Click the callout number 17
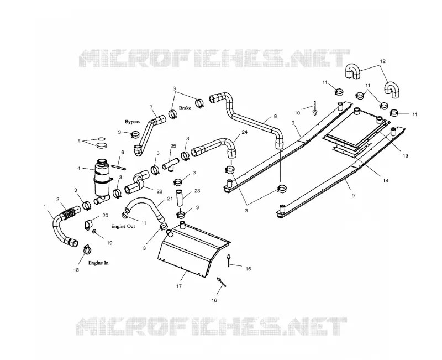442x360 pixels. point(179,286)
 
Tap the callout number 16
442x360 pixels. point(214,300)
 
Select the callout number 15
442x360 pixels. point(248,269)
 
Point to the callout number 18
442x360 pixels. point(76,270)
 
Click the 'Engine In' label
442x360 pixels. point(98,263)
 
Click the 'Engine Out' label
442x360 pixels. point(123,226)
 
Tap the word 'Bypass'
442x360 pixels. point(132,122)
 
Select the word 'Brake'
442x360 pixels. point(185,108)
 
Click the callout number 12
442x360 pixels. point(382,61)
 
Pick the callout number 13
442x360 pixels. point(406,156)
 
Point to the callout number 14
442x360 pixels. point(385,181)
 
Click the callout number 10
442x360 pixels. point(297,113)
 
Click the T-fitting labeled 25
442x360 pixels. point(171,164)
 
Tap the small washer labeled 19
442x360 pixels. point(94,232)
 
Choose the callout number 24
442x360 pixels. point(245,132)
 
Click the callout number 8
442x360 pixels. point(275,116)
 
